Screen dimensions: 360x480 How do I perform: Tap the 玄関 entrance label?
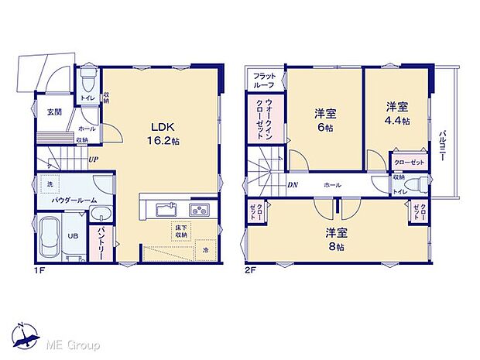click(x=53, y=112)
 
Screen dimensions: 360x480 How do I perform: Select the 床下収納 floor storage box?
click(x=181, y=230)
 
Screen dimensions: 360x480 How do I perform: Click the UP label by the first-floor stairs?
click(x=92, y=160)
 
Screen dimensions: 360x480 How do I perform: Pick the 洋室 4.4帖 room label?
click(x=397, y=114)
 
